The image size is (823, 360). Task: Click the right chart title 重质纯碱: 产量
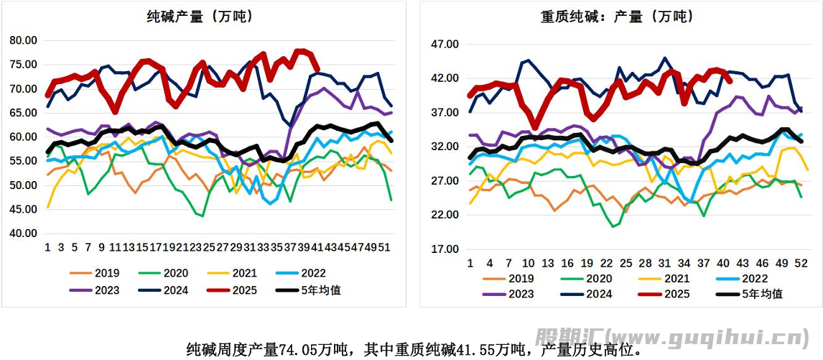click(618, 16)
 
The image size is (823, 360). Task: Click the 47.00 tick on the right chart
click(444, 45)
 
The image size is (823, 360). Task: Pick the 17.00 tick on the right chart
click(444, 249)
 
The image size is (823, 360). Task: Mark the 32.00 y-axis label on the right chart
click(444, 147)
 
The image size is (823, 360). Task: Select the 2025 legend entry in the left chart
click(248, 290)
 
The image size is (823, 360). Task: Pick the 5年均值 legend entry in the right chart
click(754, 294)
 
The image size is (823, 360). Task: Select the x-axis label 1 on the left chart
click(47, 246)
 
